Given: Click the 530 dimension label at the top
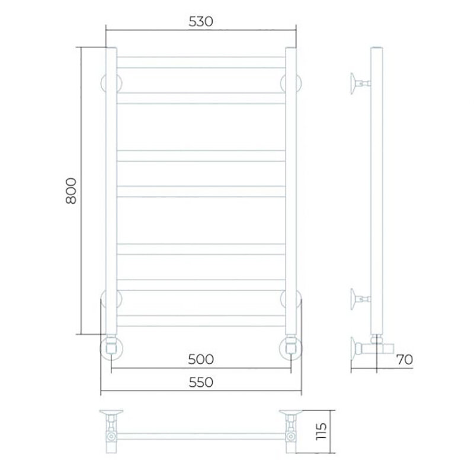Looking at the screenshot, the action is [x=201, y=22].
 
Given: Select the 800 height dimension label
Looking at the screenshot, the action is [x=71, y=191].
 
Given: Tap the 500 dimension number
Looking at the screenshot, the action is [x=201, y=360].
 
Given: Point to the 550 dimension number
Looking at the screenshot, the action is [x=201, y=382].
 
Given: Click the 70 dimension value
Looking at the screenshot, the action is [x=405, y=360].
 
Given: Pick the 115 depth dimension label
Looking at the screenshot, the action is [x=321, y=431].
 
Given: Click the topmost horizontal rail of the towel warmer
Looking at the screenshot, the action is [x=201, y=62].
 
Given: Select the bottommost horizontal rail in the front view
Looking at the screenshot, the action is [x=201, y=321].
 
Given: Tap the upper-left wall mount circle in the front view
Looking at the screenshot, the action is [x=103, y=82].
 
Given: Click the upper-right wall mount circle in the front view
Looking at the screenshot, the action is [x=299, y=82].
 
